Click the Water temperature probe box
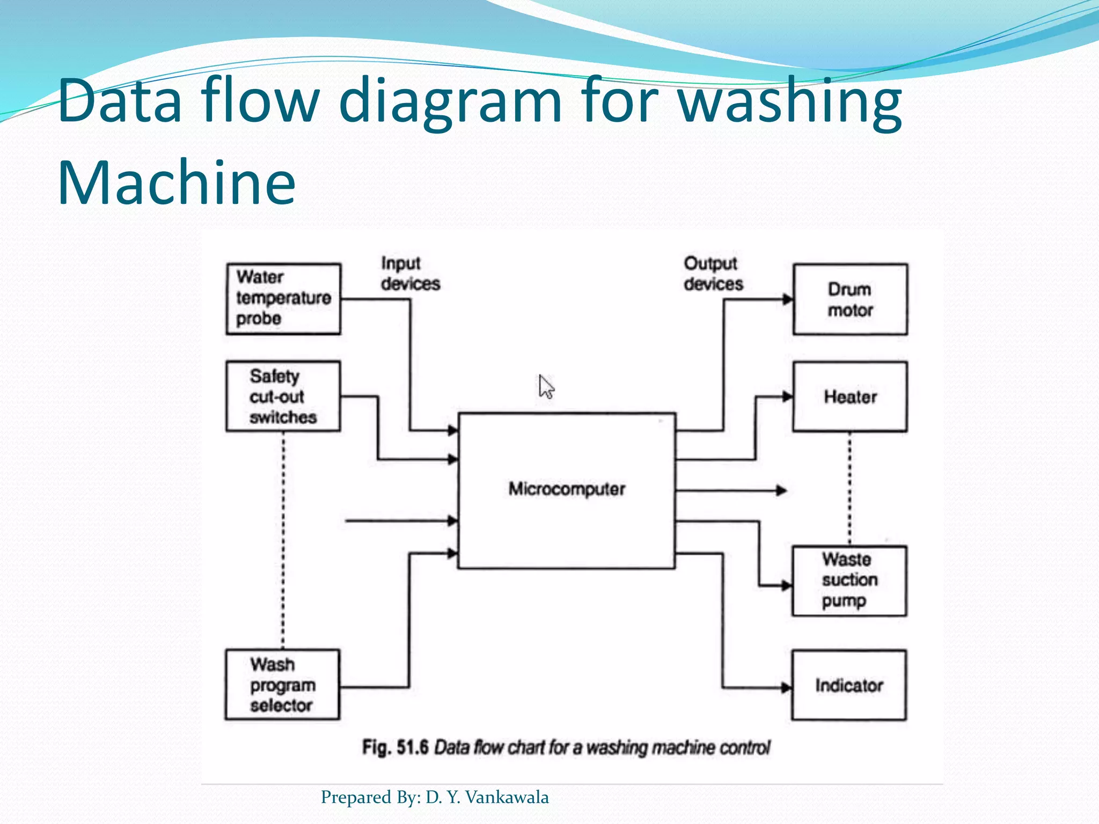(283, 299)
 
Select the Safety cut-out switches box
(283, 396)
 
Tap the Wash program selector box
(282, 685)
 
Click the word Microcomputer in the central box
(567, 489)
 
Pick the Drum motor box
(850, 299)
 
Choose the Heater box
(850, 397)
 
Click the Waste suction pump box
(849, 581)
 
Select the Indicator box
(849, 685)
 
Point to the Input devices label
(410, 274)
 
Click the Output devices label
(713, 274)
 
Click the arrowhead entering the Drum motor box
(787, 299)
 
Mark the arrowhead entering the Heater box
(787, 397)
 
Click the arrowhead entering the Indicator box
(786, 687)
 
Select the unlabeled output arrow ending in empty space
(781, 490)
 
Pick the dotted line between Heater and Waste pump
(849, 488)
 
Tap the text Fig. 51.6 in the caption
(395, 747)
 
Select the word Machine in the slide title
(177, 182)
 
